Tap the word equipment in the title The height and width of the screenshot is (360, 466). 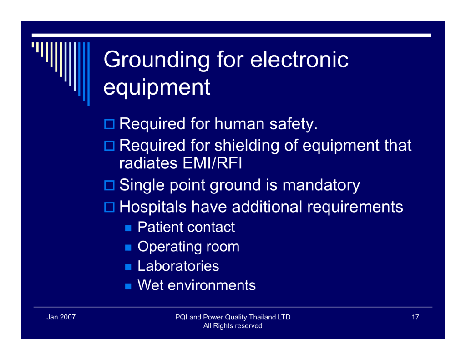(157, 88)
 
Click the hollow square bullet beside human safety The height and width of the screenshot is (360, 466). (109, 124)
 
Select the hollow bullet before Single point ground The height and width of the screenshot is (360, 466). (109, 185)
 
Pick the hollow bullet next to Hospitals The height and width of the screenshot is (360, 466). (109, 207)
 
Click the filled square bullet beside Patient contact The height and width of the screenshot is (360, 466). (128, 228)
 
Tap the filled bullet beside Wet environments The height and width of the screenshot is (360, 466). (128, 286)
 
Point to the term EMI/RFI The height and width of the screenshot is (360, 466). (212, 163)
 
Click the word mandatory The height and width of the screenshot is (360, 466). (321, 186)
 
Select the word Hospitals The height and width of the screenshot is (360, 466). (153, 207)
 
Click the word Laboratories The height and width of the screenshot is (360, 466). (178, 266)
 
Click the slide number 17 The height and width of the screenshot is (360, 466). (415, 317)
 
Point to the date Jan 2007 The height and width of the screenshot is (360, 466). (61, 317)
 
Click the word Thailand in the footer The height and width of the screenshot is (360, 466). (262, 317)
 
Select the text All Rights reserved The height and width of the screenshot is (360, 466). (233, 326)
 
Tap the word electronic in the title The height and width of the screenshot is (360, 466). (299, 60)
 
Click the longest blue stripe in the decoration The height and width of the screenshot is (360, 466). (88, 74)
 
